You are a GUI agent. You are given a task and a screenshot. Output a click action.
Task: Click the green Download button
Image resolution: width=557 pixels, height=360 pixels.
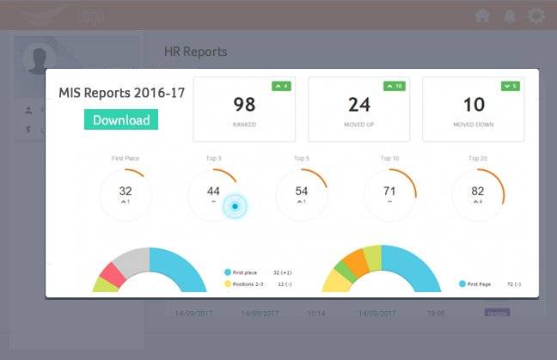click(x=121, y=120)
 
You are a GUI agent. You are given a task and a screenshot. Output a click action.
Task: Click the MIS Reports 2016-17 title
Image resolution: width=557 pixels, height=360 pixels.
click(x=121, y=93)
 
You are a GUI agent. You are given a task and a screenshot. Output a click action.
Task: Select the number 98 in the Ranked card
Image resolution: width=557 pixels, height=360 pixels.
click(x=244, y=105)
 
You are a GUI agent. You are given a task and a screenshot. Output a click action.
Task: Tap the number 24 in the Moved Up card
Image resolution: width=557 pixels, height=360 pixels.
click(x=359, y=105)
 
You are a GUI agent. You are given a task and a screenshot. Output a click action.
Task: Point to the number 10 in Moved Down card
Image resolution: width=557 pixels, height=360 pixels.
click(x=474, y=105)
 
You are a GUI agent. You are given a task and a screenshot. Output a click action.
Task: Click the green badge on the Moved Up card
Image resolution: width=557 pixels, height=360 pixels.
click(x=395, y=86)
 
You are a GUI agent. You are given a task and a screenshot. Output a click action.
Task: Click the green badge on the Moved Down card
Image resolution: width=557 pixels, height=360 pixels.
click(x=510, y=86)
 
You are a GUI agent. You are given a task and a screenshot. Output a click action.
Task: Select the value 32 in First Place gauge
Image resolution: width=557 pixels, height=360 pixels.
click(x=125, y=191)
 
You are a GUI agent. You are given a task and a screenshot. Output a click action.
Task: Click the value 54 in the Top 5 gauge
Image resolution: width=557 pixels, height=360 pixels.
click(x=302, y=191)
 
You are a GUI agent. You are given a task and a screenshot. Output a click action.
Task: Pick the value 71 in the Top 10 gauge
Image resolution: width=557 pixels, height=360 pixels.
click(x=389, y=191)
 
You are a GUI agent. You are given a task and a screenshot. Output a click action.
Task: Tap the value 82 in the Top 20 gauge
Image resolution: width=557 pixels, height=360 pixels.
click(x=477, y=191)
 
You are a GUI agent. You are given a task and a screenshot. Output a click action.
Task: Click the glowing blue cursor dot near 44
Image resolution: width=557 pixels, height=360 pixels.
click(x=235, y=206)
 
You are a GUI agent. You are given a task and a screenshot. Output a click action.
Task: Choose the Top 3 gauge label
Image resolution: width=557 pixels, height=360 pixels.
click(x=213, y=158)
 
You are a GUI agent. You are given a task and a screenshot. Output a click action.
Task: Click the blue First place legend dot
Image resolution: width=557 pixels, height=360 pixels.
click(x=227, y=272)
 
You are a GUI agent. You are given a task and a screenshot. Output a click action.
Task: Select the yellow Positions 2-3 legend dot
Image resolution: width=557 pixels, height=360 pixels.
click(x=227, y=284)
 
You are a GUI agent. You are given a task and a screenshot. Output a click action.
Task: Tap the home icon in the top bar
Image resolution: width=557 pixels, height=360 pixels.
click(x=483, y=15)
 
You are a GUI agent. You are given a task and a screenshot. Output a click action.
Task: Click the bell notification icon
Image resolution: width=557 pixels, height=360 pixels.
click(x=510, y=15)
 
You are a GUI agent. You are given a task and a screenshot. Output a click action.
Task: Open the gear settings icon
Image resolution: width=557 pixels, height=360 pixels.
click(x=536, y=15)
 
